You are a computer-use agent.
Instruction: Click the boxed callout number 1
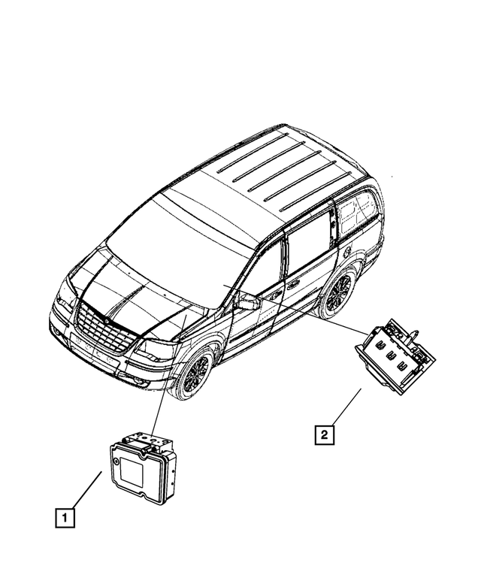65,517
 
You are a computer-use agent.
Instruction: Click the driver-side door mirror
248,304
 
